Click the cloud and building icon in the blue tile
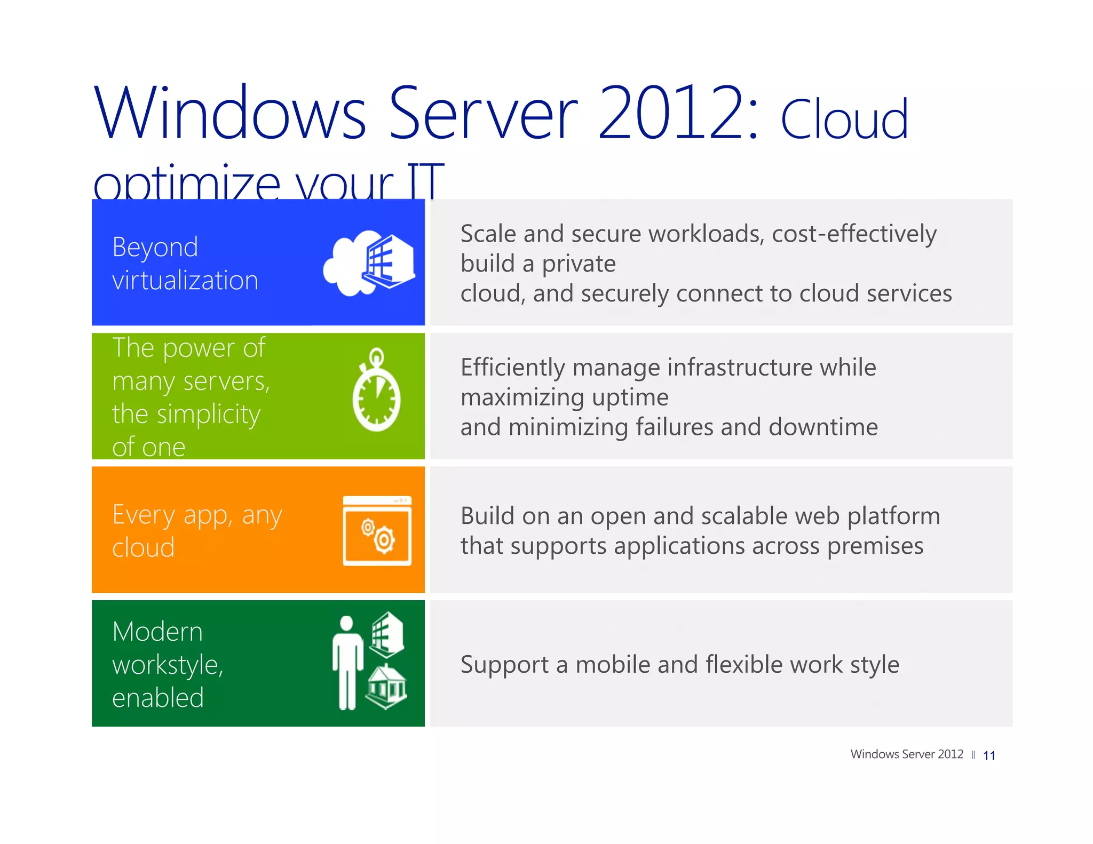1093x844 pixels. tap(369, 262)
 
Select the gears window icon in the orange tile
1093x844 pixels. tap(377, 531)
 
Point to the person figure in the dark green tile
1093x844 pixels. tap(347, 663)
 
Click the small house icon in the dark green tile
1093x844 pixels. tap(386, 687)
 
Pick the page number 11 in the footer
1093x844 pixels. tap(989, 755)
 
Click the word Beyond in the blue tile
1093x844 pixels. tap(155, 248)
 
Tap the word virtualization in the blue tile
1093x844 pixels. tap(185, 281)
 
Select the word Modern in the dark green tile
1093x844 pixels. tap(157, 632)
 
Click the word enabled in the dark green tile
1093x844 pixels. tap(158, 698)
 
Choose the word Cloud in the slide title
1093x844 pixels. tap(844, 120)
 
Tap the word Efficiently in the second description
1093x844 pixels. tap(512, 368)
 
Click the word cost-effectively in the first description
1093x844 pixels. tap(854, 234)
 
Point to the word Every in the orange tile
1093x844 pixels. tap(144, 515)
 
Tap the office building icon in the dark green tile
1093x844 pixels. tap(387, 634)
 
